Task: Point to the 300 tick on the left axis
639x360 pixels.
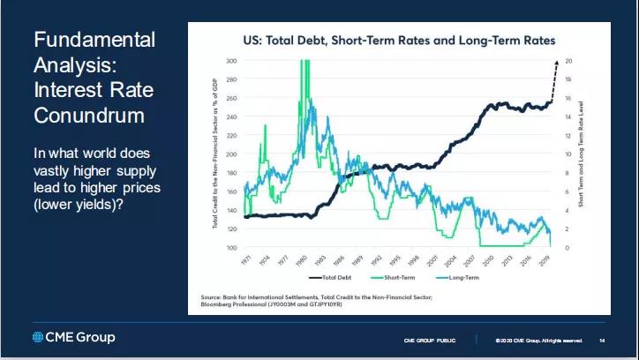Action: click(231, 61)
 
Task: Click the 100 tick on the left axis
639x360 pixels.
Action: click(231, 248)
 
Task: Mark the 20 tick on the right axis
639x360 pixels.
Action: click(569, 61)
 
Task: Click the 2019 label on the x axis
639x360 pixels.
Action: click(545, 261)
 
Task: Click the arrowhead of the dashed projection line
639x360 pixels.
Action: click(556, 63)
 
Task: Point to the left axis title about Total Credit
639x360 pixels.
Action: click(215, 154)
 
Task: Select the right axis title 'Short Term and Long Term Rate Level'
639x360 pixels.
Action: click(583, 154)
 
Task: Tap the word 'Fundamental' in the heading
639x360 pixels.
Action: click(94, 40)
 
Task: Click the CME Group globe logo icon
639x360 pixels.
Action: click(37, 337)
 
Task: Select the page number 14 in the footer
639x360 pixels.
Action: click(602, 341)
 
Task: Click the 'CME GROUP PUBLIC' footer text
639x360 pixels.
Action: click(430, 341)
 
